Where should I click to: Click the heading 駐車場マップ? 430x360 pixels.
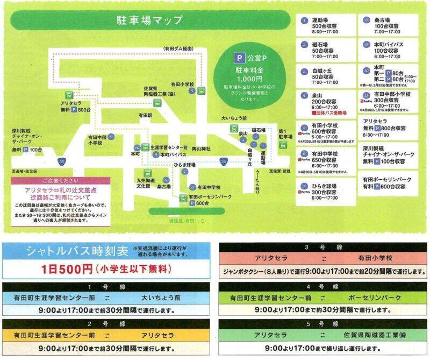pyautogui.click(x=149, y=20)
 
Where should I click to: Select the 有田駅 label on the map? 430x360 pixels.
pyautogui.click(x=146, y=115)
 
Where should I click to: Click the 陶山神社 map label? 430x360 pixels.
pyautogui.click(x=200, y=148)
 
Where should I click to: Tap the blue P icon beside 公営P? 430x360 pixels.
pyautogui.click(x=236, y=57)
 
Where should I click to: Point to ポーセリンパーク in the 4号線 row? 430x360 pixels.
pyautogui.click(x=367, y=297)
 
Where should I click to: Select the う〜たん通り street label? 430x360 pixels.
pyautogui.click(x=256, y=181)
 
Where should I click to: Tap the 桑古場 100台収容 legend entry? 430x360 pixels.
pyautogui.click(x=386, y=26)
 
